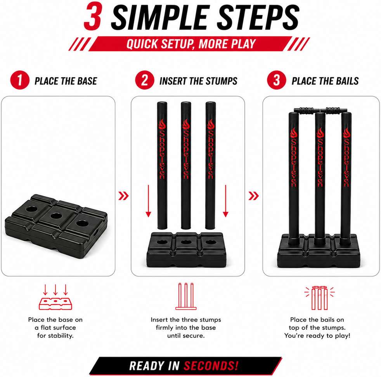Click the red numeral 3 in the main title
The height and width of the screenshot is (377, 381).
pos(93,17)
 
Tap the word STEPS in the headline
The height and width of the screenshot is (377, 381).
pos(258,17)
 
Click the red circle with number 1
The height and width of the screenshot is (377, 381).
pos(20,80)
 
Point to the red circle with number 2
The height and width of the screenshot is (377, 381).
pos(145,80)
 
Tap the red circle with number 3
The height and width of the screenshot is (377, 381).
pos(277,80)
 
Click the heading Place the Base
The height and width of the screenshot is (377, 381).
pos(66,81)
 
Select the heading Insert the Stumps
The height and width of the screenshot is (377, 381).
pos(198,81)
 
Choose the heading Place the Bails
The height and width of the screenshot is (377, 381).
pos(325,81)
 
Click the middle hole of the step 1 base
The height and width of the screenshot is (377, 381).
pos(56,216)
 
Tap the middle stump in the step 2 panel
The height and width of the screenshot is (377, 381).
pos(186,166)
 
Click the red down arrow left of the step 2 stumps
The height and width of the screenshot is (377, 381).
pos(148,201)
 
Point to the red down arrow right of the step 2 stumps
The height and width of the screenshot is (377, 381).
pos(225,201)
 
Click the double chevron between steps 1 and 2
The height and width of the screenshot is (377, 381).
pos(123,196)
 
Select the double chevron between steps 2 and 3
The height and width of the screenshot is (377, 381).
pos(254,196)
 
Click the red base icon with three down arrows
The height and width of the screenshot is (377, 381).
pos(55,297)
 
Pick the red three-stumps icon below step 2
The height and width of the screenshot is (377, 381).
pos(186,296)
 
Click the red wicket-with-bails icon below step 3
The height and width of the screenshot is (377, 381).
pos(319,298)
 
